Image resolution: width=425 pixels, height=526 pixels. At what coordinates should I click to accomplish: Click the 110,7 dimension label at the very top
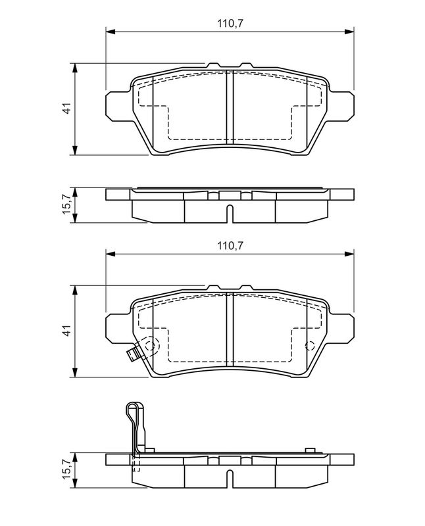pyautogui.click(x=230, y=24)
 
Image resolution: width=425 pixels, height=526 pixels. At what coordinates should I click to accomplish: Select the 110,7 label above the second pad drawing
pyautogui.click(x=230, y=246)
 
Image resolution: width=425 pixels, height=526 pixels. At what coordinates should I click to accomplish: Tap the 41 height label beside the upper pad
pyautogui.click(x=68, y=108)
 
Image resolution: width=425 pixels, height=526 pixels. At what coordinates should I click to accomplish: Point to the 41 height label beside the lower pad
pyautogui.click(x=68, y=331)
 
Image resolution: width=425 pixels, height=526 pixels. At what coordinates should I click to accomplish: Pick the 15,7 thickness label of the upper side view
pyautogui.click(x=68, y=204)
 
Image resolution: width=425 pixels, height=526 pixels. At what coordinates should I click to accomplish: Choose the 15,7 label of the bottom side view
pyautogui.click(x=68, y=469)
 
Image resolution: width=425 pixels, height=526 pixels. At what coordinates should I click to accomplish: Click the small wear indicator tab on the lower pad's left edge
pyautogui.click(x=134, y=354)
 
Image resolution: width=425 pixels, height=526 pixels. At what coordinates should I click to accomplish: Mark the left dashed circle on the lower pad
pyautogui.click(x=151, y=345)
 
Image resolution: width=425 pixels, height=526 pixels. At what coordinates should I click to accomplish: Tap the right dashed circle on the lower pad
pyautogui.click(x=309, y=346)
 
